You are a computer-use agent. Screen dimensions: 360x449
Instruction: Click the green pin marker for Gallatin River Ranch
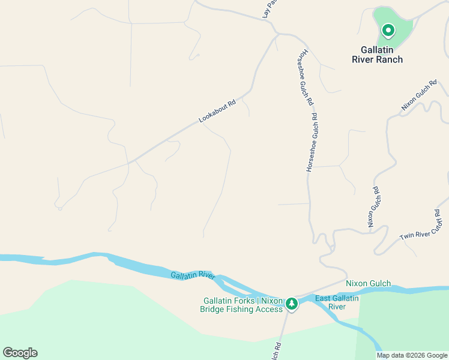[388, 30]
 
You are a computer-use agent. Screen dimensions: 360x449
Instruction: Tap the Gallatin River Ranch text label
[378, 55]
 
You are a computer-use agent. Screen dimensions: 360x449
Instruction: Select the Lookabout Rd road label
[217, 112]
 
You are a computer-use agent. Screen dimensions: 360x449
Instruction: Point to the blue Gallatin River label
[193, 275]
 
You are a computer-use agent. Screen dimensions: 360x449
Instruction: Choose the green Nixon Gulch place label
[369, 283]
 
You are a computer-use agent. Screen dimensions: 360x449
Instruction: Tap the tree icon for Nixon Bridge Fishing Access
[292, 304]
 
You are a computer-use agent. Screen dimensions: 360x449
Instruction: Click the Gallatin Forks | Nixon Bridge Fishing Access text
[242, 305]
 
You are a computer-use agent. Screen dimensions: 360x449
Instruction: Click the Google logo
[20, 353]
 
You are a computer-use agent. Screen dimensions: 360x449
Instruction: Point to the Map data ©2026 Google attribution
[412, 355]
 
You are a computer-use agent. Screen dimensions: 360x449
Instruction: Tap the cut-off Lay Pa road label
[270, 8]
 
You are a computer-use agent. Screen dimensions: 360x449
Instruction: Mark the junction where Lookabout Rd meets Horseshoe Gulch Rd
[277, 34]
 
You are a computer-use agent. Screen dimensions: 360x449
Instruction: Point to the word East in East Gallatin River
[324, 298]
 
